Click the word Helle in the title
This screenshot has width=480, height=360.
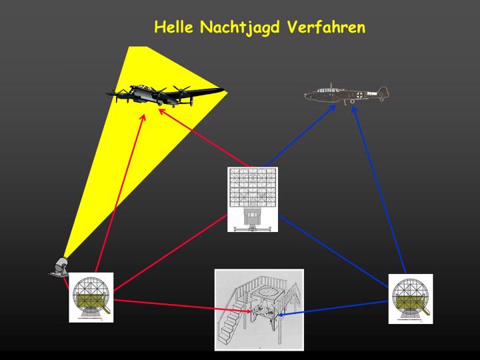tap(174, 27)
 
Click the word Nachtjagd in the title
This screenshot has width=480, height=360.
tap(240, 28)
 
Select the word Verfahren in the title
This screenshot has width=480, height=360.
tap(326, 27)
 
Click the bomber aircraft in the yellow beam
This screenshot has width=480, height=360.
tap(165, 94)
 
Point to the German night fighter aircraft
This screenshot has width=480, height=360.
tap(347, 93)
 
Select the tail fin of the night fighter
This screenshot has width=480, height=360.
tap(383, 92)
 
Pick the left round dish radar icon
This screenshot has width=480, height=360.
tap(91, 297)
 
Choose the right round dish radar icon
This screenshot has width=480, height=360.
tap(411, 299)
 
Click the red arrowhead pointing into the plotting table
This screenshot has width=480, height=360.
tap(247, 311)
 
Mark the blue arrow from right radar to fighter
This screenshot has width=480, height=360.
tap(379, 190)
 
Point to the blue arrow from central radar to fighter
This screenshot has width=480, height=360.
tap(301, 136)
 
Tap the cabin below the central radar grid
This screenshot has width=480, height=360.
tap(252, 216)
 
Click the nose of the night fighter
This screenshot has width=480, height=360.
tap(307, 95)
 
